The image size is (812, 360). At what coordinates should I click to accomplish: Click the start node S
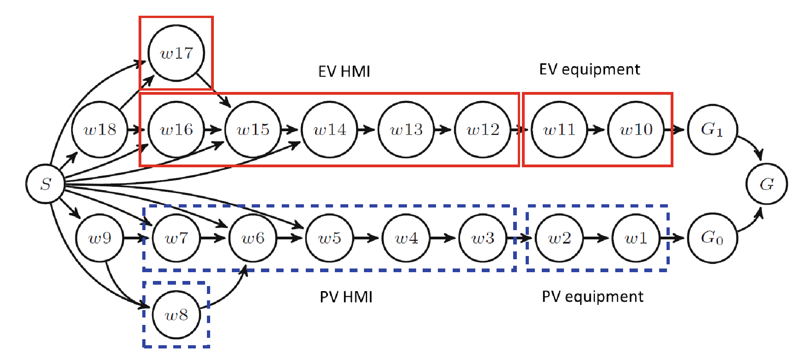coord(45,183)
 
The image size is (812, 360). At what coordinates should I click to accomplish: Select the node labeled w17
coord(176,53)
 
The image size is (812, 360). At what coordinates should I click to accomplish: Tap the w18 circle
coord(99,129)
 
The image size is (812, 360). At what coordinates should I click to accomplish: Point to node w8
coord(176,315)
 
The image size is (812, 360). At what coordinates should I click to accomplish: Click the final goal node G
coord(766,184)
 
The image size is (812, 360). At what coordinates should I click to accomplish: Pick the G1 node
coord(712,129)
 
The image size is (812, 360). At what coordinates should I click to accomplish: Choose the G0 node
coord(712,238)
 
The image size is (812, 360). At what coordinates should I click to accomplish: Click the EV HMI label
coord(344,72)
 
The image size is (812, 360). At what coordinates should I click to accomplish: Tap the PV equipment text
coord(592,296)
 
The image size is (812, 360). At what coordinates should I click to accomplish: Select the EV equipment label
coord(589,69)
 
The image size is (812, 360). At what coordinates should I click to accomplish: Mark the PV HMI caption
coord(346,297)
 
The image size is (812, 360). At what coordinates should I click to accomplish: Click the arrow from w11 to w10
coord(596,129)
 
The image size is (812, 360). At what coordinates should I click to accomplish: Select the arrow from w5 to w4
coord(367,238)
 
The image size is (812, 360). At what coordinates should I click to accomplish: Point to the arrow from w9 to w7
coord(137,238)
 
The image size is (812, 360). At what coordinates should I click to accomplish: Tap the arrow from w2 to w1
coord(596,238)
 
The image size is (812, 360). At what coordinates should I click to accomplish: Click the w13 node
coord(406,129)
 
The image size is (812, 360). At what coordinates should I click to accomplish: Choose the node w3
coord(483,238)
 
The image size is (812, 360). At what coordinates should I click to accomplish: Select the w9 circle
coord(99,238)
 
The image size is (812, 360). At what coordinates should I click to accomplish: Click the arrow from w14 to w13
coord(367,129)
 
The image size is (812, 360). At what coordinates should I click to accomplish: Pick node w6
coord(253,238)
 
